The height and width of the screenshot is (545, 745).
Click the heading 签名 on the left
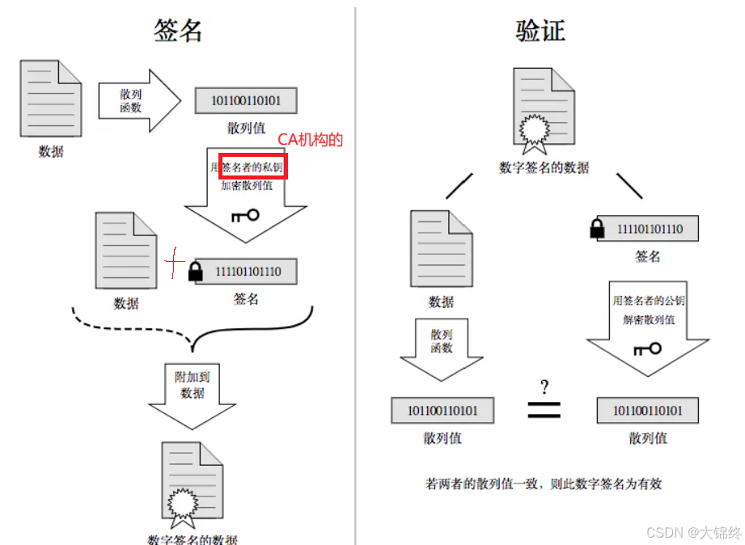177,30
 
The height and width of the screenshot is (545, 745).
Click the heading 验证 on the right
540,30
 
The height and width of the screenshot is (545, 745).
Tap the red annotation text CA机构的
311,140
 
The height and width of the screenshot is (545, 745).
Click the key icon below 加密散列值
244,215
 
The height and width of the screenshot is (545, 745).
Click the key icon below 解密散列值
647,349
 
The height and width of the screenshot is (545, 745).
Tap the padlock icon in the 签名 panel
195,271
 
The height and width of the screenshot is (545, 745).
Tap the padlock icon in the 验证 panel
597,229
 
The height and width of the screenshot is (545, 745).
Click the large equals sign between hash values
544,408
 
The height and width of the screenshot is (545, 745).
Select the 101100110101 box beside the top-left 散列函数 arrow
245,101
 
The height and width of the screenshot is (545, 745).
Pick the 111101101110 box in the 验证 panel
649,229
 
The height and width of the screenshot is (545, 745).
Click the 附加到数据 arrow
193,393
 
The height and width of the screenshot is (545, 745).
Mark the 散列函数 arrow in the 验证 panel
442,346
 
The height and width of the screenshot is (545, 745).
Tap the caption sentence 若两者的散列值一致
543,484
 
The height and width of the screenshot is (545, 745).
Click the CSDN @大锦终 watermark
693,532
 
